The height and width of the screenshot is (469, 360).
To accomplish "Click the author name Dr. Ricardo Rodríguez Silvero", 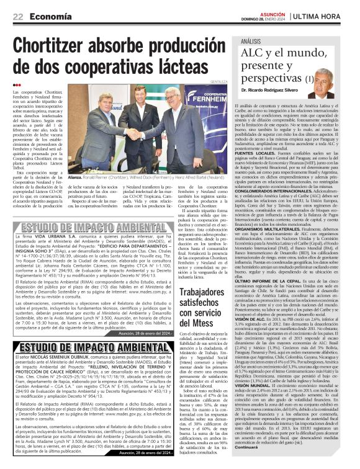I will point(272,91).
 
